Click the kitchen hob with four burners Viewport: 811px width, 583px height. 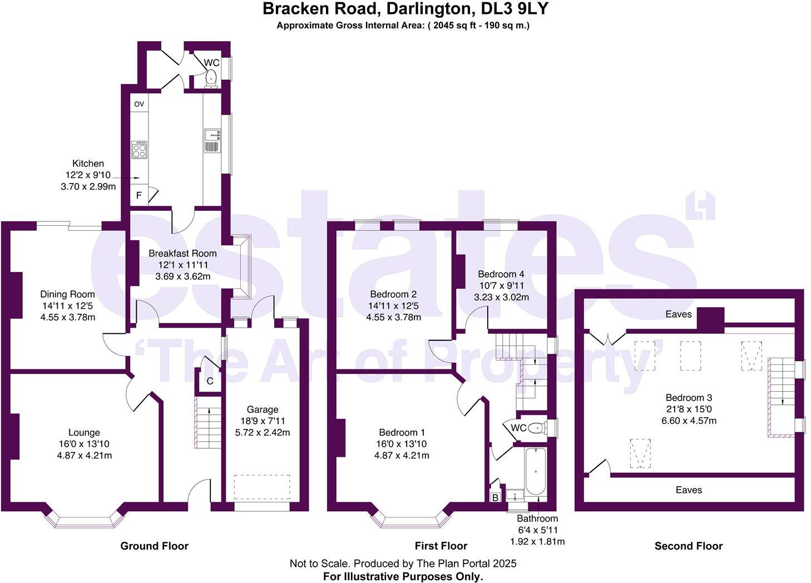click(x=140, y=150)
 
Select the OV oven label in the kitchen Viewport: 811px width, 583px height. click(x=139, y=104)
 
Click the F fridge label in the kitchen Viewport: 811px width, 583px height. click(x=139, y=196)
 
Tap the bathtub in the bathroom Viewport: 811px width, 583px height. click(x=536, y=471)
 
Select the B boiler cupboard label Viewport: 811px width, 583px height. click(x=495, y=498)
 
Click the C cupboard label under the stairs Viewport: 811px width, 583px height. click(x=210, y=381)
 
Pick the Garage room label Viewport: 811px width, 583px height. click(x=263, y=409)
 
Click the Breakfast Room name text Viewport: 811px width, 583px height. click(x=182, y=254)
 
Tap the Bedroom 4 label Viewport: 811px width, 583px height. click(x=501, y=274)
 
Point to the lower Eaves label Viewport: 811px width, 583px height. click(x=689, y=490)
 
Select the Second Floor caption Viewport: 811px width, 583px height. click(x=689, y=546)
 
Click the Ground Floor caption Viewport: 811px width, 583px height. click(x=154, y=546)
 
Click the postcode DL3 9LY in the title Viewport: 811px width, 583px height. click(x=515, y=9)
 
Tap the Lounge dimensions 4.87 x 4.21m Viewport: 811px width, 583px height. click(x=85, y=456)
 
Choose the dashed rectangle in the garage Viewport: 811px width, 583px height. click(x=262, y=487)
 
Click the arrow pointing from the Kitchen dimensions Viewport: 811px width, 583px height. click(x=126, y=178)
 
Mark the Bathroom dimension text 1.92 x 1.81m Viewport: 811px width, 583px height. click(x=537, y=542)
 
